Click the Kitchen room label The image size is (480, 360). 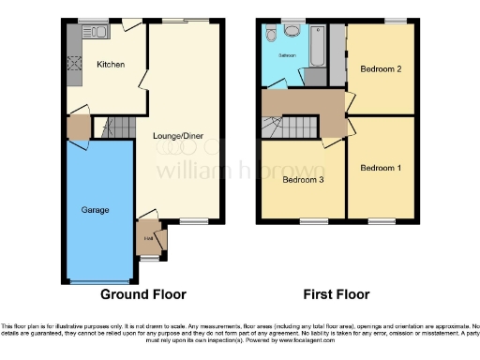(110, 65)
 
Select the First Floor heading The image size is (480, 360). (343, 293)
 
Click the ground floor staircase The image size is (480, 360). (116, 127)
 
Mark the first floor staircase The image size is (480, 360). (292, 124)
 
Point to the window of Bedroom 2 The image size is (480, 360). (395, 22)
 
